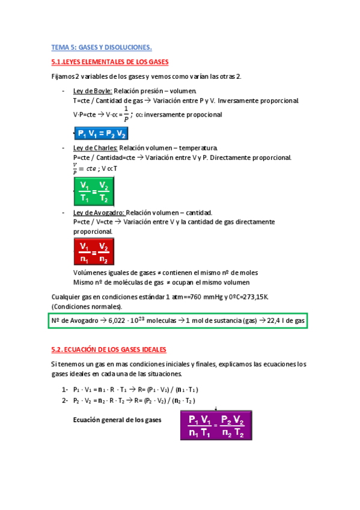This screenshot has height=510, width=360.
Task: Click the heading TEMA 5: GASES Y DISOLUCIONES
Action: pos(102,47)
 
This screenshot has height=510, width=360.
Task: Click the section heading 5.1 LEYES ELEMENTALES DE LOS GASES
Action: pos(111,62)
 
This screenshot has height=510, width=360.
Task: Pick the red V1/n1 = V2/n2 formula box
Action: pos(94,253)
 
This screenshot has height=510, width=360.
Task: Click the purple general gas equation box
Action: pos(215,426)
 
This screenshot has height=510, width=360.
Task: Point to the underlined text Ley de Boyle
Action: pos(88,91)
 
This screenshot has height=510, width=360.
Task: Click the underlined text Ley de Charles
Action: pos(95,148)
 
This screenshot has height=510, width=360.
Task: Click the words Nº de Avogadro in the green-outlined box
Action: pos(75,322)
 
